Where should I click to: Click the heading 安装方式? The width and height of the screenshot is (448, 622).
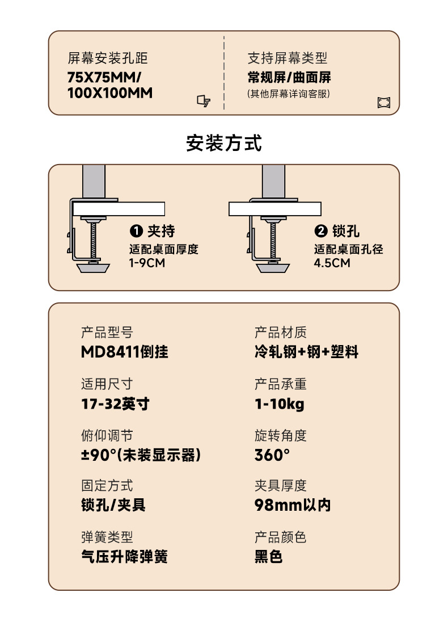click(x=224, y=143)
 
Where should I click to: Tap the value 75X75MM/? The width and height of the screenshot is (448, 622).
click(x=104, y=77)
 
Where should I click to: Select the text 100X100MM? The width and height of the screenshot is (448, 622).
click(x=110, y=93)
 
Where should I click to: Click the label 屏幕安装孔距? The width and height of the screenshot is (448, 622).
click(x=108, y=58)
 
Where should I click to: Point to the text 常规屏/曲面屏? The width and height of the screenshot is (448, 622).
click(x=289, y=77)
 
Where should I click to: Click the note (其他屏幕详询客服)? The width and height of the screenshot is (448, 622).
click(x=289, y=93)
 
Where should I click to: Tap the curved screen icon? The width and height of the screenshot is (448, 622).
click(x=384, y=103)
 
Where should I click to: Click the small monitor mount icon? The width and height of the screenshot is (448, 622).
click(x=204, y=101)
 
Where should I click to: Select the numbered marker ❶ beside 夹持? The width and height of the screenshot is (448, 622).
click(x=136, y=231)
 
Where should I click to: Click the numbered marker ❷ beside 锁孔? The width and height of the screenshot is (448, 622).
click(x=321, y=231)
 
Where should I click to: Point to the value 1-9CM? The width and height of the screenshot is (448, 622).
click(x=147, y=263)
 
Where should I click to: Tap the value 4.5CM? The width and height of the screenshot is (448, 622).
click(x=332, y=263)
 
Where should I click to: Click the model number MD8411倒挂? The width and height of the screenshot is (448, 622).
click(x=125, y=352)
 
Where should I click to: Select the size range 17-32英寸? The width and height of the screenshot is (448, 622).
click(x=116, y=404)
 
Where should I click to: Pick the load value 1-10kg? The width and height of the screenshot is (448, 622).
click(x=280, y=404)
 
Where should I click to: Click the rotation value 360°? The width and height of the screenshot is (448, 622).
click(x=272, y=455)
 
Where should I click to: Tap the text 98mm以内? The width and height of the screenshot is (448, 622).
click(x=293, y=505)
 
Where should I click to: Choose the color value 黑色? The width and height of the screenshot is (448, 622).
click(x=269, y=557)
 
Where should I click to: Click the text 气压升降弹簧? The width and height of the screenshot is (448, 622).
click(x=125, y=557)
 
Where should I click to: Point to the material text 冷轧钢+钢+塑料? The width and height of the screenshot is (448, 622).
click(x=307, y=352)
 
